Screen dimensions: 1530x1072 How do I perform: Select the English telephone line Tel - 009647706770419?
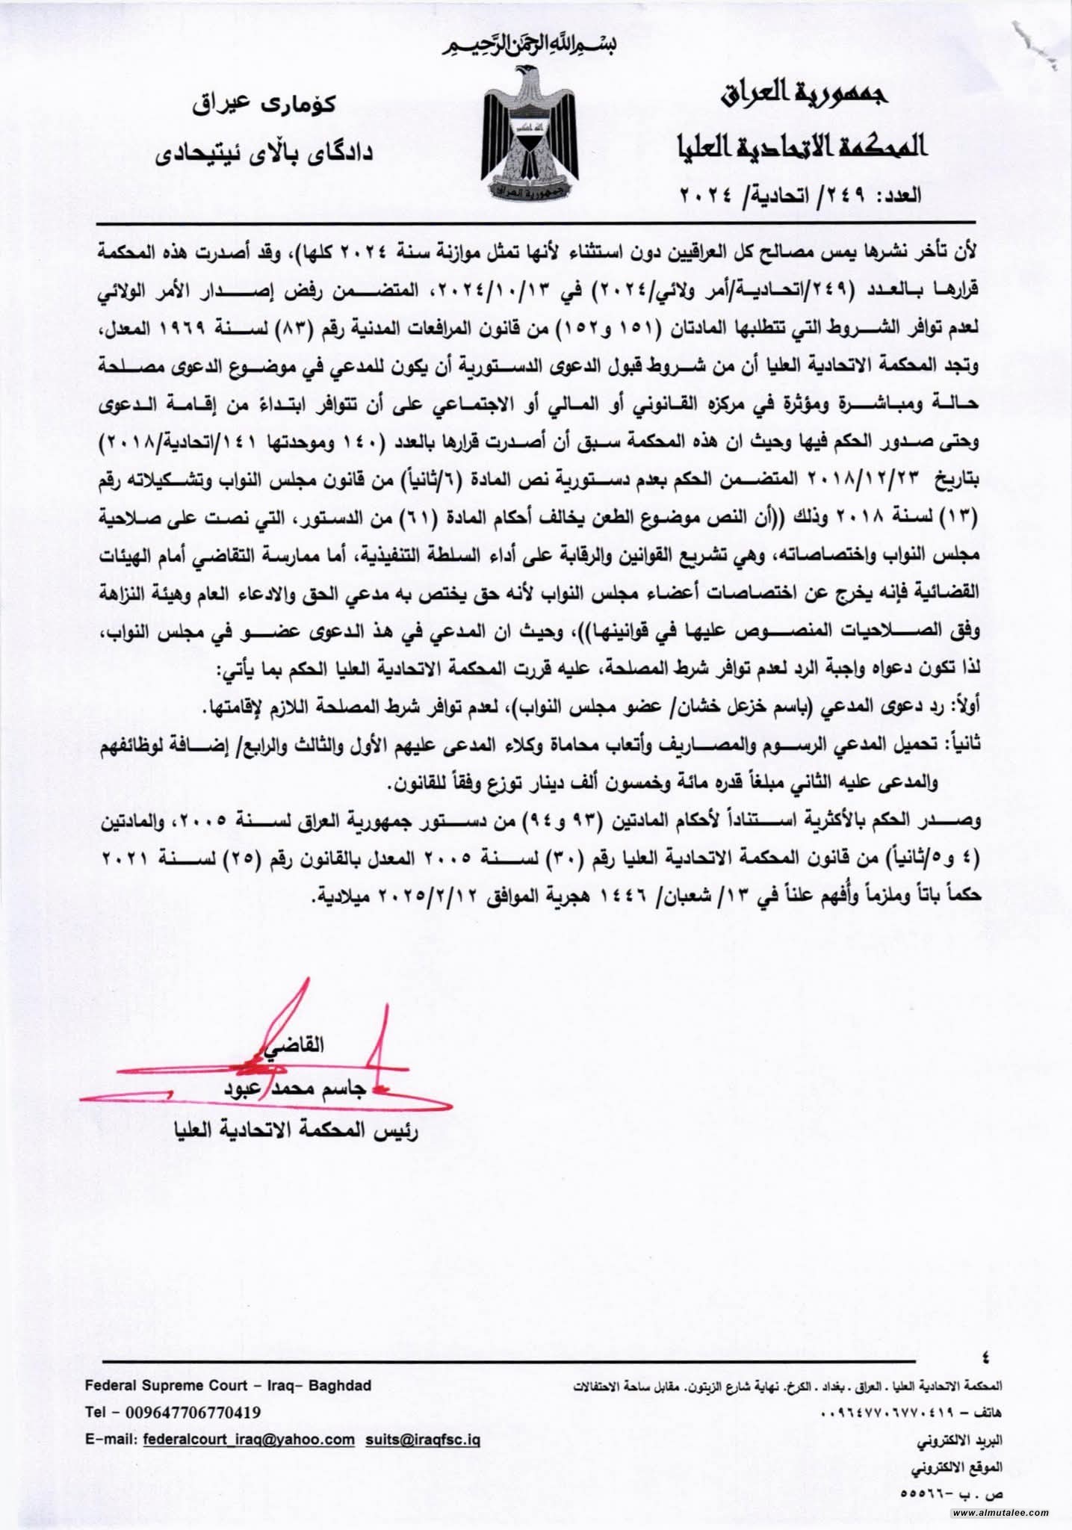(x=173, y=1413)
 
